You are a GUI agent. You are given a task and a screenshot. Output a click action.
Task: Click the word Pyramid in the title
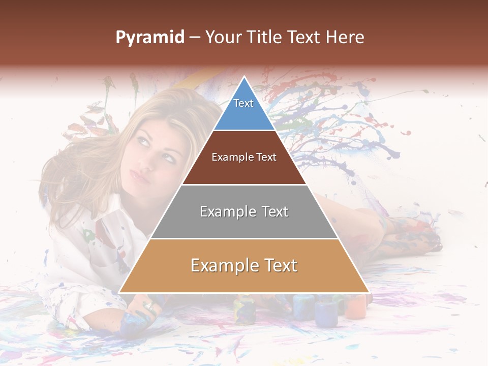(x=149, y=38)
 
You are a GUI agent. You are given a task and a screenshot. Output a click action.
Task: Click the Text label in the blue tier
(x=243, y=103)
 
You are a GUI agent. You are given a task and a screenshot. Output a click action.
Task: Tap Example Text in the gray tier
(x=244, y=211)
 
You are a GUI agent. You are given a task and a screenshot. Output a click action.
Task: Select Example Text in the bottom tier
(x=244, y=265)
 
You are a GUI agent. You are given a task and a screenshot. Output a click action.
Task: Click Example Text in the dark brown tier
(x=244, y=157)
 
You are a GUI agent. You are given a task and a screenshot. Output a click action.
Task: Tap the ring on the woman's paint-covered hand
(x=149, y=306)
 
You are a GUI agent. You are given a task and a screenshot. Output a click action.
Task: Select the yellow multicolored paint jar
(x=245, y=310)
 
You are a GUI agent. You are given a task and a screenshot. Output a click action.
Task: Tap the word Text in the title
(x=305, y=37)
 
